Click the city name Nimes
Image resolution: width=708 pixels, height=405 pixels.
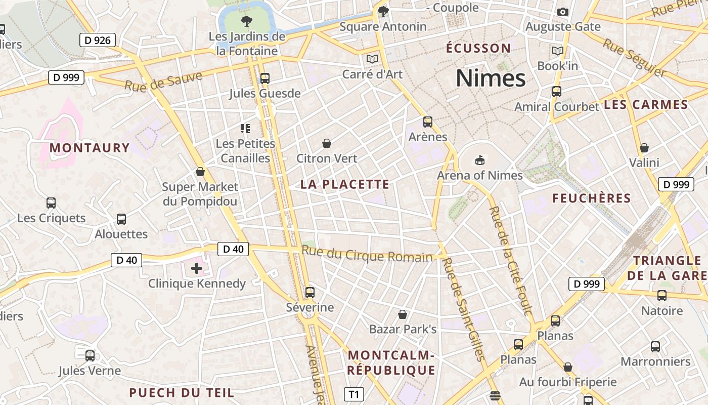491,78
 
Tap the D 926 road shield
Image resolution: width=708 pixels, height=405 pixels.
98,40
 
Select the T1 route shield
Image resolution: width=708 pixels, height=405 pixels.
354,394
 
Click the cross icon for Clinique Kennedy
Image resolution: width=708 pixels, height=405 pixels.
197,268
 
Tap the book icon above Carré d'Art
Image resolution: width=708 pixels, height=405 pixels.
372,59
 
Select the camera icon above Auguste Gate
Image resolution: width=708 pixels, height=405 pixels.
562,12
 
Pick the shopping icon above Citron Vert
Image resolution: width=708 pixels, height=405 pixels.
327,144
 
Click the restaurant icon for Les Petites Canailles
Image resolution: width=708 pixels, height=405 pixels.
245,129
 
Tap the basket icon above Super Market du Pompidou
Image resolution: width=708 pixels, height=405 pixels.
200,172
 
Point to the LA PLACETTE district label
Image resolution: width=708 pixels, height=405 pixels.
345,184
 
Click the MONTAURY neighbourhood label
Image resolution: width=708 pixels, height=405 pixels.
90,148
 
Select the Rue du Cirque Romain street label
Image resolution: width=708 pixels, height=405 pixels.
367,254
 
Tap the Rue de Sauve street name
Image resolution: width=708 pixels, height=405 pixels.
163,82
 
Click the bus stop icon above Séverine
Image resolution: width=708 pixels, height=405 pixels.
310,293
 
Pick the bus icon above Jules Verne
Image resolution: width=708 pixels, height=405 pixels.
90,356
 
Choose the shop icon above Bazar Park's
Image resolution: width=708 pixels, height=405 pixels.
403,315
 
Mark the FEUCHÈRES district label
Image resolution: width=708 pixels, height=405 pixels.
591,198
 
